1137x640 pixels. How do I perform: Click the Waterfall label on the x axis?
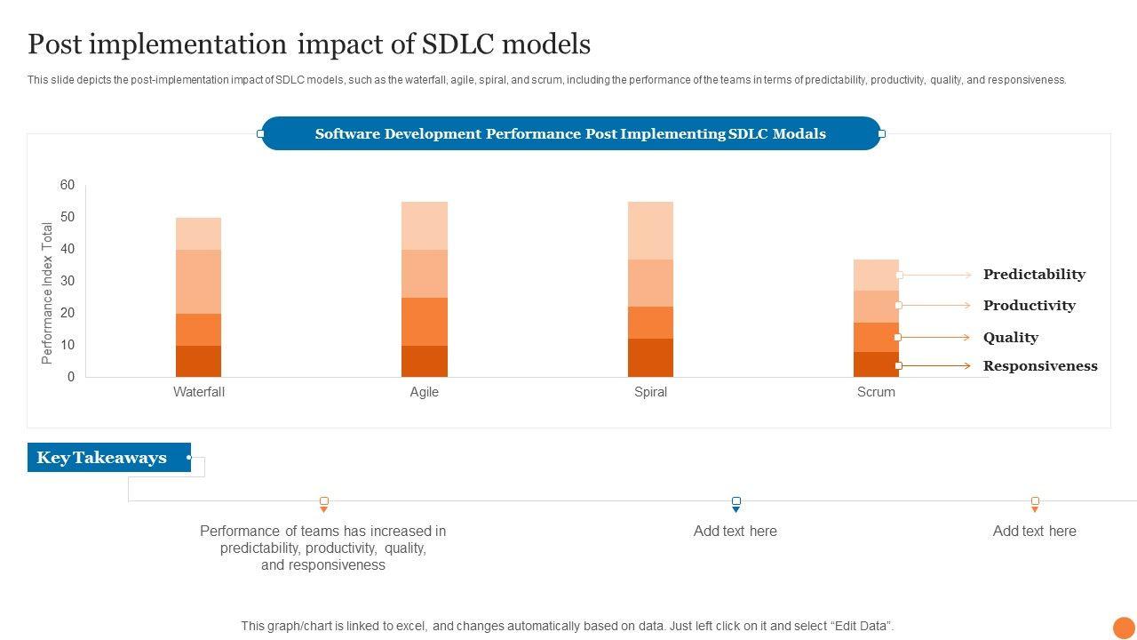pyautogui.click(x=199, y=392)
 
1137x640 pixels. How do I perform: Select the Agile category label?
pyautogui.click(x=425, y=392)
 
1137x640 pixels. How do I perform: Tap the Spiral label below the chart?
pyautogui.click(x=650, y=392)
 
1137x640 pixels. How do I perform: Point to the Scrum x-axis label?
pyautogui.click(x=876, y=392)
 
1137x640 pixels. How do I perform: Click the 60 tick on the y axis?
pyautogui.click(x=68, y=185)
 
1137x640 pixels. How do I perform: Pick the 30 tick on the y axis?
pyautogui.click(x=68, y=281)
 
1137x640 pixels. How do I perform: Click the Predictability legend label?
pyautogui.click(x=1034, y=275)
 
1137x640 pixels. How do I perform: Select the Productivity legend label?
pyautogui.click(x=1029, y=306)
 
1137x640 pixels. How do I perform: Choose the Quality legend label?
pyautogui.click(x=1010, y=338)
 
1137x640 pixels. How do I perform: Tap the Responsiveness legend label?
pyautogui.click(x=1040, y=366)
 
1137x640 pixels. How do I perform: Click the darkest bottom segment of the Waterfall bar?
pyautogui.click(x=199, y=361)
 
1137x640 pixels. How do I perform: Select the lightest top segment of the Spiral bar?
pyautogui.click(x=650, y=230)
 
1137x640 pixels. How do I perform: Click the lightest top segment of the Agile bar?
pyautogui.click(x=425, y=226)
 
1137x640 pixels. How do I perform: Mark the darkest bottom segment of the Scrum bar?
pyautogui.click(x=876, y=364)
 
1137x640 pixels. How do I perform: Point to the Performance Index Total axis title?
pyautogui.click(x=48, y=293)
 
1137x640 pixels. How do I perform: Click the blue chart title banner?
pyautogui.click(x=570, y=134)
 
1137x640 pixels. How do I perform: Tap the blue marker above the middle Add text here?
pyautogui.click(x=735, y=503)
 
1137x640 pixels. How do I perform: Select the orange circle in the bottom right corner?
pyautogui.click(x=1124, y=628)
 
